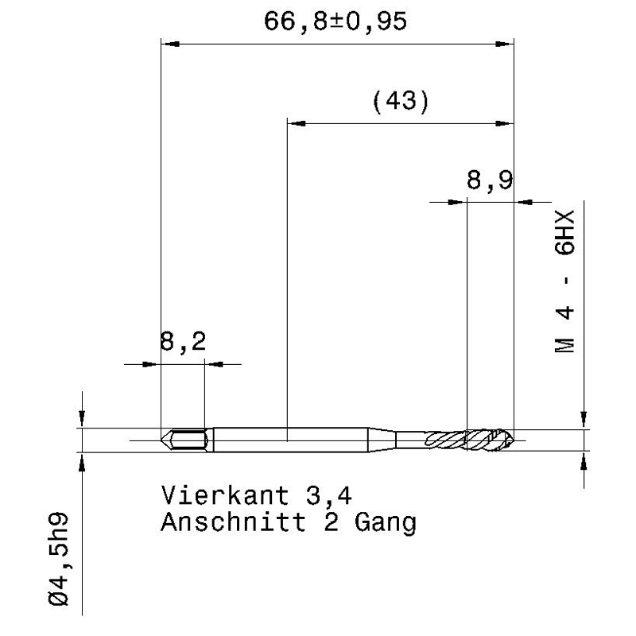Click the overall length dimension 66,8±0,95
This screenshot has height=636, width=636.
335,21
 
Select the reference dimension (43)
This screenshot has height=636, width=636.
401,102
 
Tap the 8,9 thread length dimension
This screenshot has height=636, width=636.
490,180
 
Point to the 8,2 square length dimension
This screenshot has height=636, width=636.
183,342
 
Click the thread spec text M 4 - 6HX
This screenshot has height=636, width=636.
565,281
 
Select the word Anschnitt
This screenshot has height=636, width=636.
233,522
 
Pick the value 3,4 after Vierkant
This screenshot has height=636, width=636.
329,496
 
